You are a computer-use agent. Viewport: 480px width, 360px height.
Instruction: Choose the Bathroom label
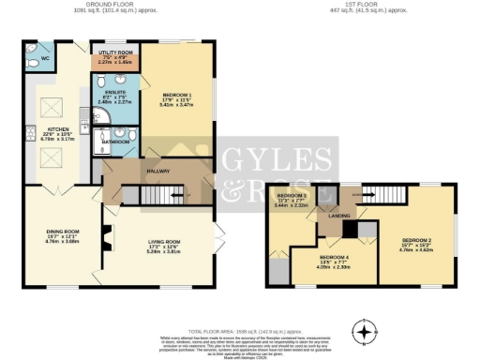click(115, 142)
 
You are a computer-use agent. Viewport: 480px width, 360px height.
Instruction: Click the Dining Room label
click(60, 235)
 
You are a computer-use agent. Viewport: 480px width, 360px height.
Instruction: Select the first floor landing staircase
click(383, 194)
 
